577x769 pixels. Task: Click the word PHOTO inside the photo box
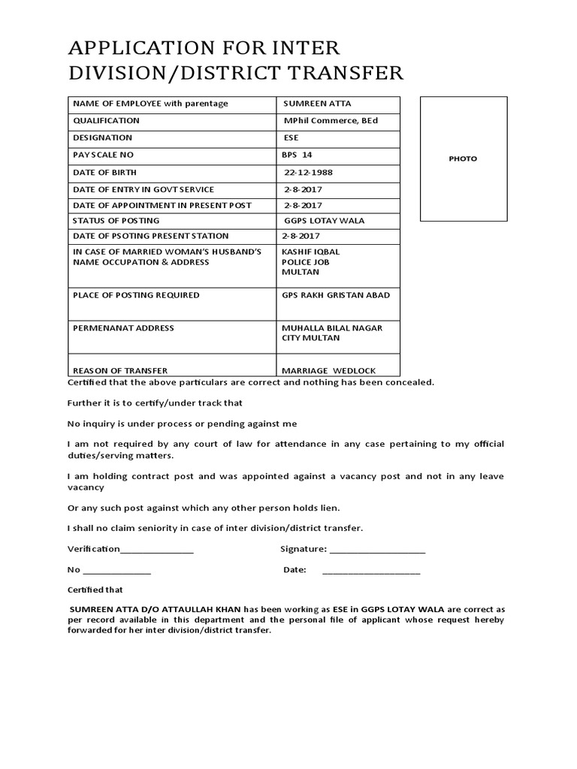click(463, 158)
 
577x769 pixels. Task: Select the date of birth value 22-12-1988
click(308, 172)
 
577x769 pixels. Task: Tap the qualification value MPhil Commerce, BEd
click(330, 120)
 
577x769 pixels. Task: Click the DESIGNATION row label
click(102, 137)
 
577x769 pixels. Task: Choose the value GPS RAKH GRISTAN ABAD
click(336, 295)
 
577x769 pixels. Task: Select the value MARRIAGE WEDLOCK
click(328, 370)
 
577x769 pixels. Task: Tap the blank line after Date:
click(371, 571)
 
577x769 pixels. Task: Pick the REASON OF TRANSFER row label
click(120, 370)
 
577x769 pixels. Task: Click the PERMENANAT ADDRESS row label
click(123, 328)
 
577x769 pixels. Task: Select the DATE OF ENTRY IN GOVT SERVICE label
click(143, 189)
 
